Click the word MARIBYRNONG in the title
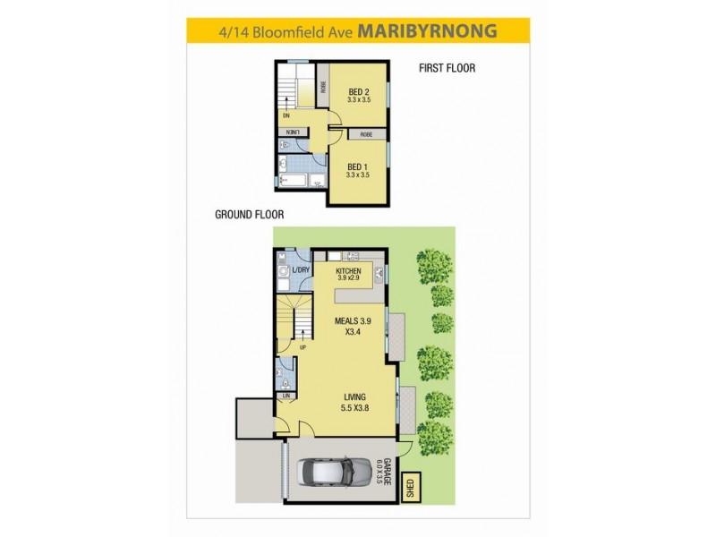pos(427,31)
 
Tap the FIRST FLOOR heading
pos(447,68)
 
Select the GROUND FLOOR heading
pos(250,215)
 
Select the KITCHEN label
pos(348,270)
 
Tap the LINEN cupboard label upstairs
pos(291,132)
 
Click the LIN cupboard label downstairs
pos(286,395)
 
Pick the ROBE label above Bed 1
pos(365,134)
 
